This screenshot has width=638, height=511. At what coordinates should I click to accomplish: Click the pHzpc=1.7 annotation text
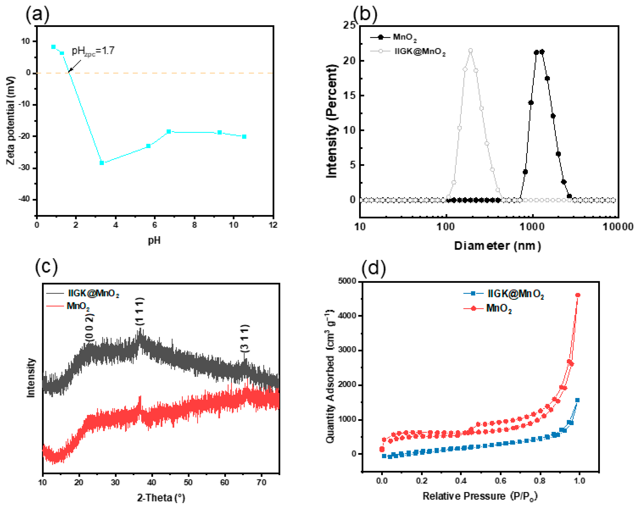(x=93, y=51)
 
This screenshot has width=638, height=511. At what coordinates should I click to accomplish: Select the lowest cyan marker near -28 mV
(x=102, y=163)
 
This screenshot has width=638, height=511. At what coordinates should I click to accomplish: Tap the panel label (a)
(x=37, y=14)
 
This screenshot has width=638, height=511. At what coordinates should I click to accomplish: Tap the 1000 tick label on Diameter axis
(x=532, y=227)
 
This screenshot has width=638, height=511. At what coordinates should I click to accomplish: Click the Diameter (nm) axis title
(x=497, y=246)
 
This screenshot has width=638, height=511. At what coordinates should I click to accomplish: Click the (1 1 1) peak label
(x=140, y=311)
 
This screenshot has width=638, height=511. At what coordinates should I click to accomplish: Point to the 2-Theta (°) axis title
(x=161, y=498)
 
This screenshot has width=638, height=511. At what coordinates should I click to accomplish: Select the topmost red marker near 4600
(x=578, y=295)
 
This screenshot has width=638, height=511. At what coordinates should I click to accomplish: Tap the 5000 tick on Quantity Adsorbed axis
(x=347, y=281)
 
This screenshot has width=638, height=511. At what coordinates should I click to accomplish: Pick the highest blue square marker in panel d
(x=577, y=400)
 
